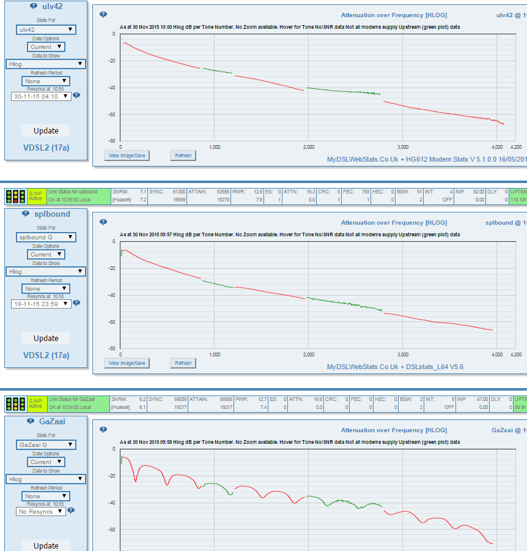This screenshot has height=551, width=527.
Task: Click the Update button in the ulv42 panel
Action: point(46,130)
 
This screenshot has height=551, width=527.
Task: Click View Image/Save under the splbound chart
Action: point(127,363)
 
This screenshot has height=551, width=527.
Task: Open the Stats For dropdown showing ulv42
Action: point(45,29)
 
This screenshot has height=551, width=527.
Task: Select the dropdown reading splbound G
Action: point(45,237)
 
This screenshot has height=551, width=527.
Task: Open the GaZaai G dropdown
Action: point(45,445)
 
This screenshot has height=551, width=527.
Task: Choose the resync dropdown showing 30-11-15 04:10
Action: point(41,96)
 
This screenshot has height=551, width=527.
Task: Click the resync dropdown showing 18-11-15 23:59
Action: point(41,303)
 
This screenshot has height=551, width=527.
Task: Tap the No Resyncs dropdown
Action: point(40,511)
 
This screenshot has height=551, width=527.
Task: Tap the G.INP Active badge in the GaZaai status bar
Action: point(36,403)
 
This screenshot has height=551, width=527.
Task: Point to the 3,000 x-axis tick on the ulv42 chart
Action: point(402,148)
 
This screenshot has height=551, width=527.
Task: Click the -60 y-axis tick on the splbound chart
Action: point(112,321)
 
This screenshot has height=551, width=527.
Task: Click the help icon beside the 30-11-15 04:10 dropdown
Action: point(76,96)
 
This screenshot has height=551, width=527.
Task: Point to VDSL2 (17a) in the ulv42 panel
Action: point(46,148)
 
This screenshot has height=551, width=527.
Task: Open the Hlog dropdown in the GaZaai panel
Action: point(45,479)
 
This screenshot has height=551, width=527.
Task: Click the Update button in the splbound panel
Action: point(46,338)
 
